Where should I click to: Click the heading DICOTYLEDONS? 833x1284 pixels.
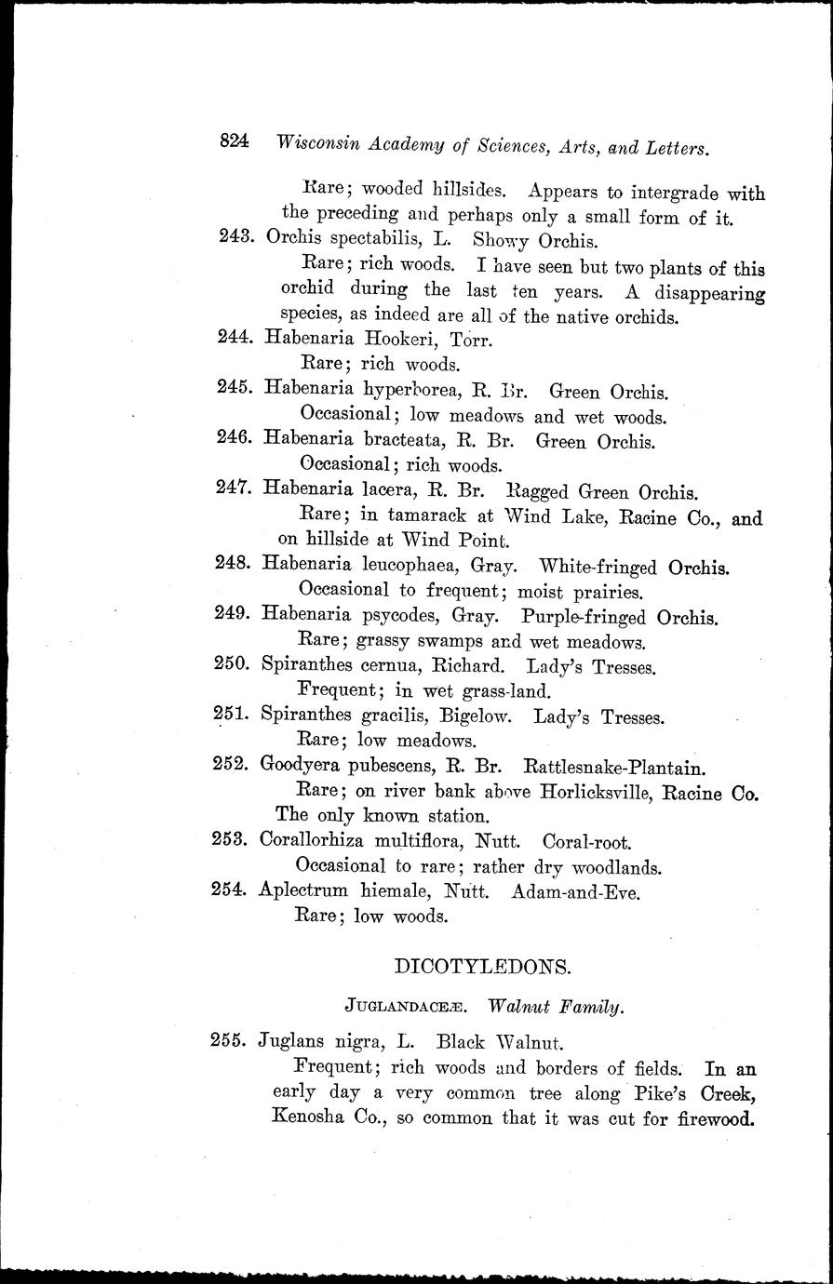483,966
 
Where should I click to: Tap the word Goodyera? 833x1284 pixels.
302,769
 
